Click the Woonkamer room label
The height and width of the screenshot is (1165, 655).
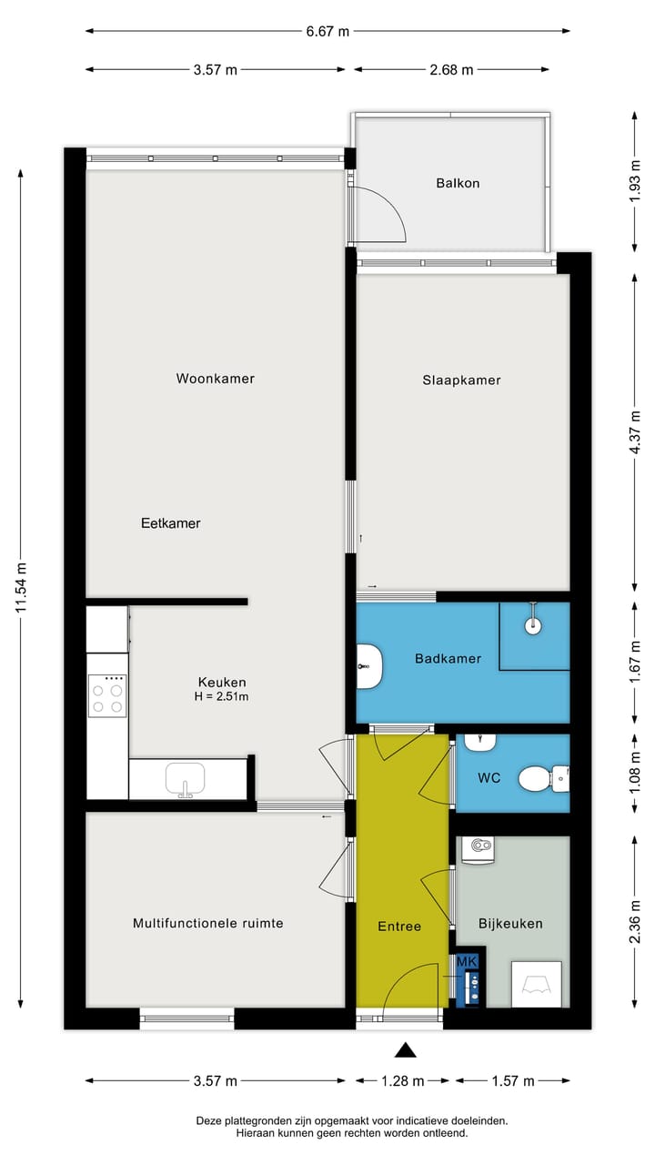pyautogui.click(x=215, y=379)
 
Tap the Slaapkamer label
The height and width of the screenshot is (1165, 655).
pyautogui.click(x=461, y=380)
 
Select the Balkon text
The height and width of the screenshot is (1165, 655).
pyautogui.click(x=458, y=183)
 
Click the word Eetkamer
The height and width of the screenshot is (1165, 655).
pyautogui.click(x=170, y=523)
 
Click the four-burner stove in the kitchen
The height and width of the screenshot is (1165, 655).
pyautogui.click(x=107, y=696)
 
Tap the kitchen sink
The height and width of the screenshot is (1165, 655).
pyautogui.click(x=186, y=780)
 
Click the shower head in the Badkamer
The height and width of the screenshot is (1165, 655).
pyautogui.click(x=532, y=624)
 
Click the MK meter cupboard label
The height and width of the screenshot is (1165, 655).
pyautogui.click(x=467, y=961)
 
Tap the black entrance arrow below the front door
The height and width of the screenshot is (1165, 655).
pyautogui.click(x=405, y=1051)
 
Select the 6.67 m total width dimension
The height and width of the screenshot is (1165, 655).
pyautogui.click(x=327, y=31)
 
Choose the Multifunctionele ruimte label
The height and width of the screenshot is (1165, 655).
pyautogui.click(x=207, y=923)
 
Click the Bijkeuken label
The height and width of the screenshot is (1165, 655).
pyautogui.click(x=510, y=923)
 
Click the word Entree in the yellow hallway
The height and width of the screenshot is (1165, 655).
pyautogui.click(x=399, y=927)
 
